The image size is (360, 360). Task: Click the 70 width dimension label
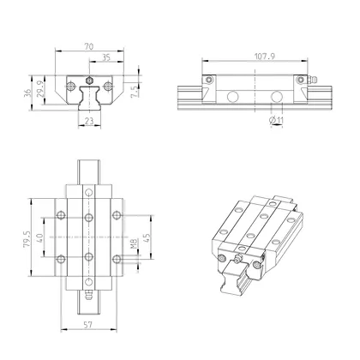pos(89,46)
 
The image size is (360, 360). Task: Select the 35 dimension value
pos(106,57)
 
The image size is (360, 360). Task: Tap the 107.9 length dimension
pos(265,57)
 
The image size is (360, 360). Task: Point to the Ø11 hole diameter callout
pos(276,121)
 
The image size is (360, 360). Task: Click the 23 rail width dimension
pos(89,121)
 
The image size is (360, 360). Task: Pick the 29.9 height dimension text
pos(40,89)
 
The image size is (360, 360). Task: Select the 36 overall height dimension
pos(27,93)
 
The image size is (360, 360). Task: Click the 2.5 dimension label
pos(135,92)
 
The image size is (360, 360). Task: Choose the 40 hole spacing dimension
pos(39,237)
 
